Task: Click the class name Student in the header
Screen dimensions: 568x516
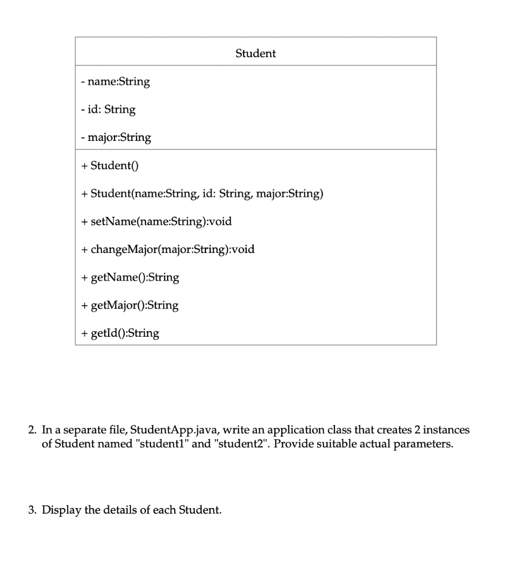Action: [x=255, y=54]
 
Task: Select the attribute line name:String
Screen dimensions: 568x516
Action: [x=115, y=82]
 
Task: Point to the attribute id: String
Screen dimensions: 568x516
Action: [x=108, y=109]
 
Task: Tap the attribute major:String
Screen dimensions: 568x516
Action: [x=115, y=137]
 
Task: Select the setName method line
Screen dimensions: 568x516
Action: [x=156, y=221]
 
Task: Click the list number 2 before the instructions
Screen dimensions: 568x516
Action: [x=33, y=430]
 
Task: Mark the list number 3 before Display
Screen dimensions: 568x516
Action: [x=33, y=510]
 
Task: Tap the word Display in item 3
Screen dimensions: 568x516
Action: [x=62, y=510]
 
